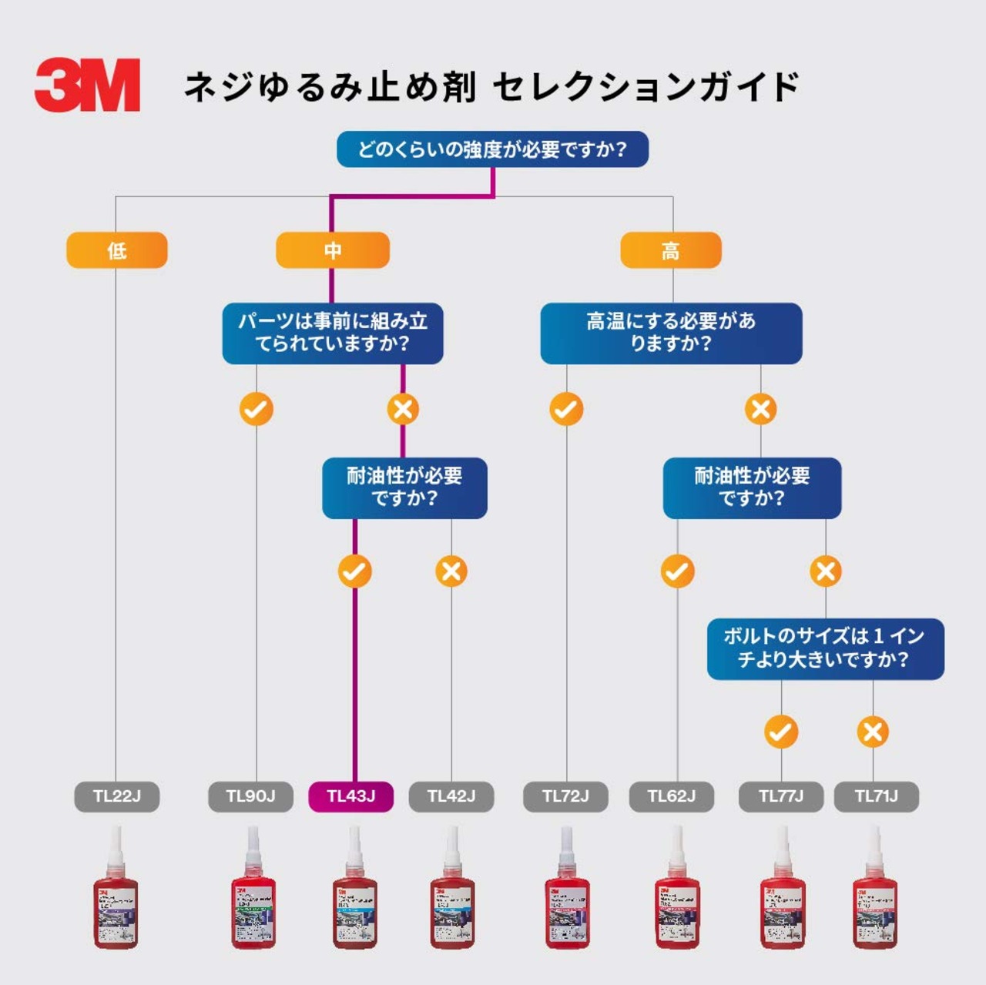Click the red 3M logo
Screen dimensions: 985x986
pos(87,85)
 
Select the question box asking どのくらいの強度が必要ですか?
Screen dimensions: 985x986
pos(492,149)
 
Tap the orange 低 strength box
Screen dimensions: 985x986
pos(116,250)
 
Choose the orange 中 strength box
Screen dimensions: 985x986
pos(333,250)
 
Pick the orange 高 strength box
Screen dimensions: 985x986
pos(670,250)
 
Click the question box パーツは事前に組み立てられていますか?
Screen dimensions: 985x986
pos(333,333)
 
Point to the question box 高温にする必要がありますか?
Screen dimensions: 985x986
pos(671,333)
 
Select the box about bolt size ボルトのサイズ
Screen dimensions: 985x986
pos(825,648)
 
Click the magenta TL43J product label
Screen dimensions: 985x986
pos(350,796)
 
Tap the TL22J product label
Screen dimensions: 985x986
pos(117,796)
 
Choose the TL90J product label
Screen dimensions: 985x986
pos(250,796)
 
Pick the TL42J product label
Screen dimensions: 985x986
pos(451,796)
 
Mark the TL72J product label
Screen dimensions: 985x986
pos(565,796)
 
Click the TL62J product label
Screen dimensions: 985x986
pos(672,796)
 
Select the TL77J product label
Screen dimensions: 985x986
pos(781,796)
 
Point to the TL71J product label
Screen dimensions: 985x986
pos(877,796)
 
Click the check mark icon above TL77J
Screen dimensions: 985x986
pos(780,732)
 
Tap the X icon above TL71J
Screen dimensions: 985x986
pos(873,732)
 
